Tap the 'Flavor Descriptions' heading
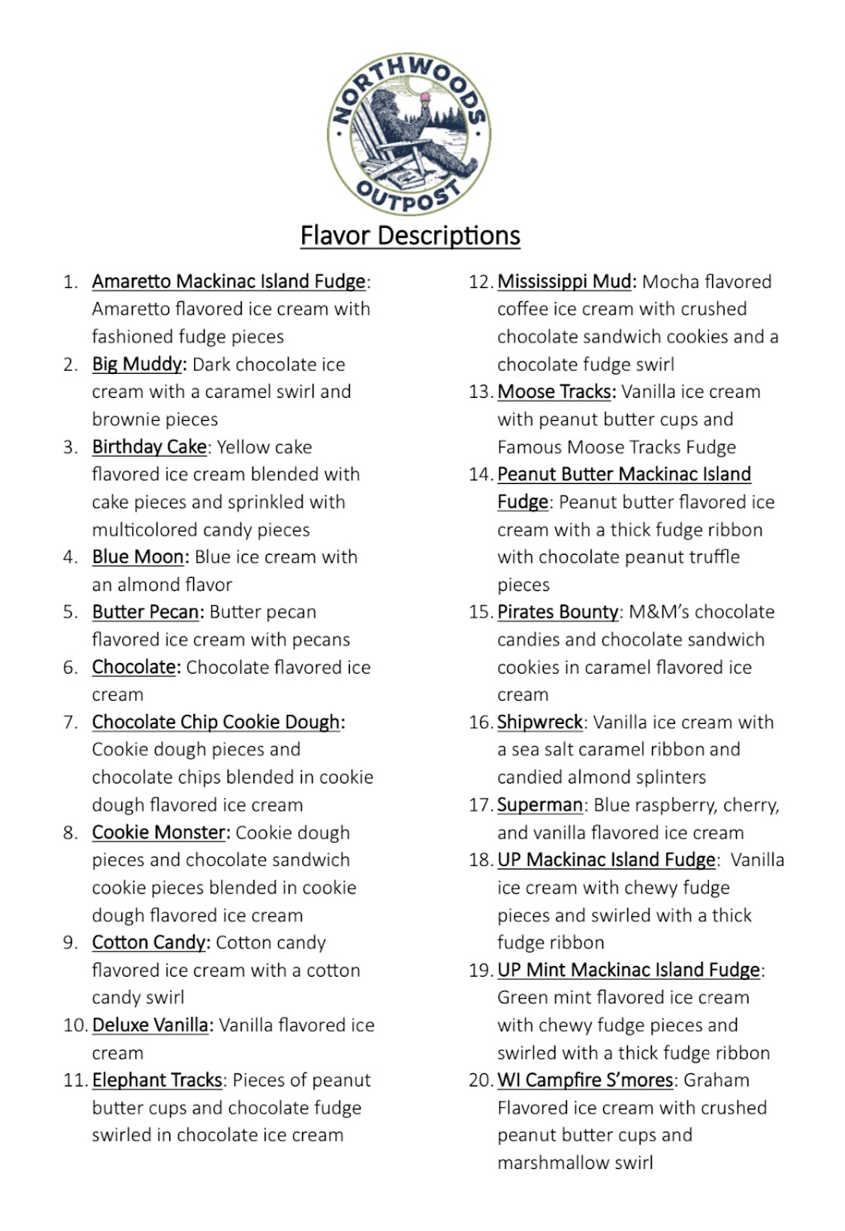click(x=409, y=235)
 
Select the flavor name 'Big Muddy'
click(x=137, y=364)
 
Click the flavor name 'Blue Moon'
click(x=138, y=556)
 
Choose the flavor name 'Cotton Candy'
click(x=149, y=942)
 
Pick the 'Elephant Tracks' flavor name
click(x=157, y=1080)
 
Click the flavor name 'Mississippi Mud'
click(x=564, y=282)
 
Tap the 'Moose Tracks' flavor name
click(x=555, y=391)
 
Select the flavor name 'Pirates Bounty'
click(x=558, y=612)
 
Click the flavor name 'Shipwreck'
click(x=540, y=722)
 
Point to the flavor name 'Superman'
click(x=540, y=804)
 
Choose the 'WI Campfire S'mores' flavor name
click(x=586, y=1080)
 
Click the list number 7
click(x=70, y=722)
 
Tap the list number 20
click(x=479, y=1080)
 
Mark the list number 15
click(x=479, y=612)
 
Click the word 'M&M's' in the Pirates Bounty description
click(x=656, y=612)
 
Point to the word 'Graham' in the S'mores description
click(x=716, y=1080)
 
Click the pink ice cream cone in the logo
click(x=425, y=99)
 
